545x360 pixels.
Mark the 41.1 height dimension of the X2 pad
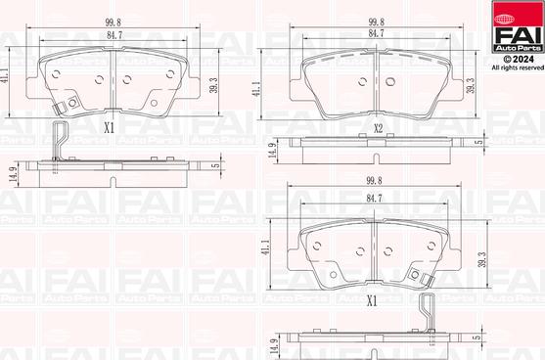tap(256, 88)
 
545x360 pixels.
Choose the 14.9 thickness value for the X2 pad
tap(272, 149)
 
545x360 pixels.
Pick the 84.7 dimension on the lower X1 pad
tap(374, 199)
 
